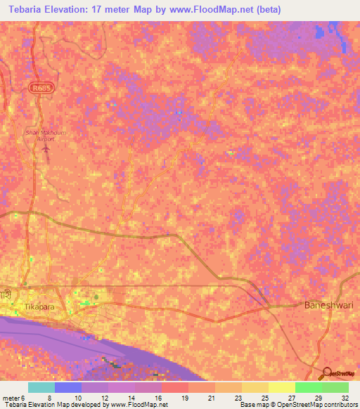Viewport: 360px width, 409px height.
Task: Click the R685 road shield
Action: click(x=40, y=87)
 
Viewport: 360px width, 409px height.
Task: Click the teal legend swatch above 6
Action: click(x=41, y=387)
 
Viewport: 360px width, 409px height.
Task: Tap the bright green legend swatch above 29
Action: click(x=308, y=387)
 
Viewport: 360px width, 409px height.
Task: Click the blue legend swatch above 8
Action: click(x=68, y=387)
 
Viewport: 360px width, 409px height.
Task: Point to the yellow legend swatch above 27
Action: click(x=281, y=387)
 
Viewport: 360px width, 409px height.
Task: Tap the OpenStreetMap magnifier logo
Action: click(x=326, y=373)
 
